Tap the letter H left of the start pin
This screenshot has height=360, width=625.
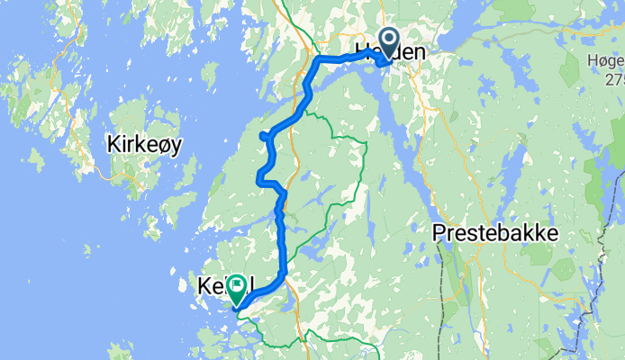pos(359,53)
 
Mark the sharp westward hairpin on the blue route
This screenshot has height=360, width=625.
pos(263,136)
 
